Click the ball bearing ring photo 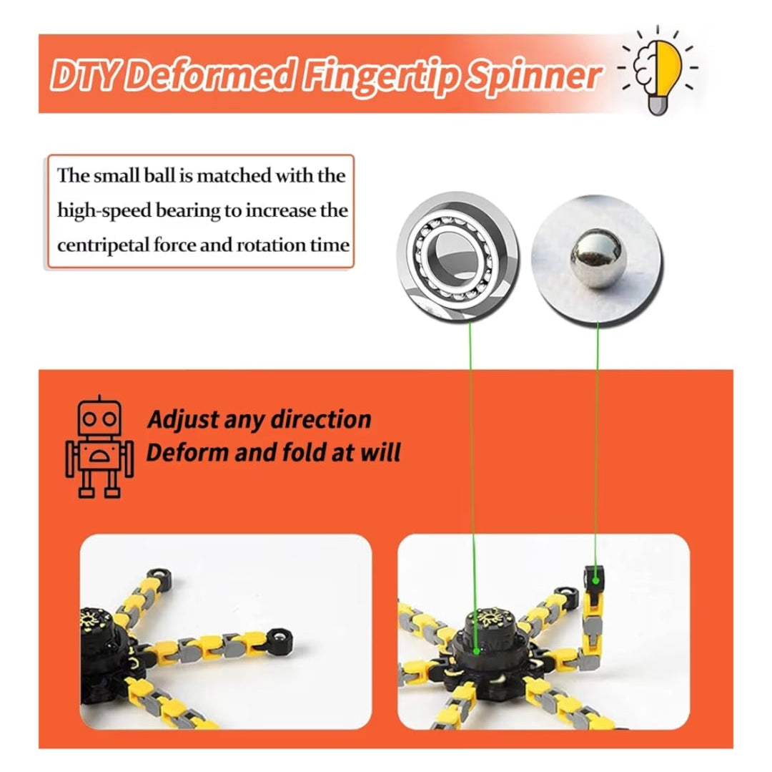457,257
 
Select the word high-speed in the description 104,211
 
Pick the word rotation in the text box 271,245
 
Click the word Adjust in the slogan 183,420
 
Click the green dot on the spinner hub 476,651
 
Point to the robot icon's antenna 99,398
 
